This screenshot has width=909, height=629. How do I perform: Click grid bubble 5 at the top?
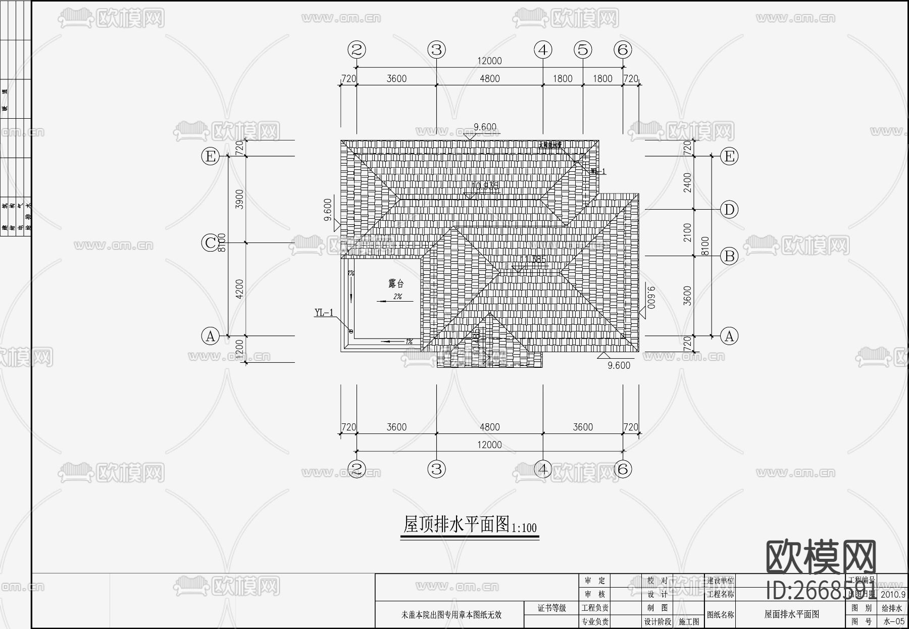point(583,50)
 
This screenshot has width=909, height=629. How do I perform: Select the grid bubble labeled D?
point(729,209)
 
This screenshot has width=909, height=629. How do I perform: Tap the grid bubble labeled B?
point(729,256)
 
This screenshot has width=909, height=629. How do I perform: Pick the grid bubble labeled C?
point(210,243)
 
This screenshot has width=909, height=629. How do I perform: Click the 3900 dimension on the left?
point(240,199)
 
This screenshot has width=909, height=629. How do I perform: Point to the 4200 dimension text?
point(240,288)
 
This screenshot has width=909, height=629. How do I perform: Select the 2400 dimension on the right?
point(687,182)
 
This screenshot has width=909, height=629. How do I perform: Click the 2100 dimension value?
point(687,232)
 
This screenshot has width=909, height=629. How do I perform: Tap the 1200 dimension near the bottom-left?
point(240,348)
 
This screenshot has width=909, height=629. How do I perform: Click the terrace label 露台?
point(396,284)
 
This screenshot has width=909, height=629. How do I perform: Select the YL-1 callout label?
point(324,313)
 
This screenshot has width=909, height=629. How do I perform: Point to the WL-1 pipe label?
point(598,172)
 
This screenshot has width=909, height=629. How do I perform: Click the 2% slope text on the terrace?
point(397,297)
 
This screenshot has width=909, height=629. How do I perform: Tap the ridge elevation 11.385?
point(532,260)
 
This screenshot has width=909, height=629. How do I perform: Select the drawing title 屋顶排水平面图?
point(456,524)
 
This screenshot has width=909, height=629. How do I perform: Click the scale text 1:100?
point(524,528)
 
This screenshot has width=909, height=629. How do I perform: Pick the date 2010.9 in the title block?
point(893,595)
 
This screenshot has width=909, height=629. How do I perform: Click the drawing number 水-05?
point(893,622)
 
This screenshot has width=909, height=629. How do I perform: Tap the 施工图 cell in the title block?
point(689,622)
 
